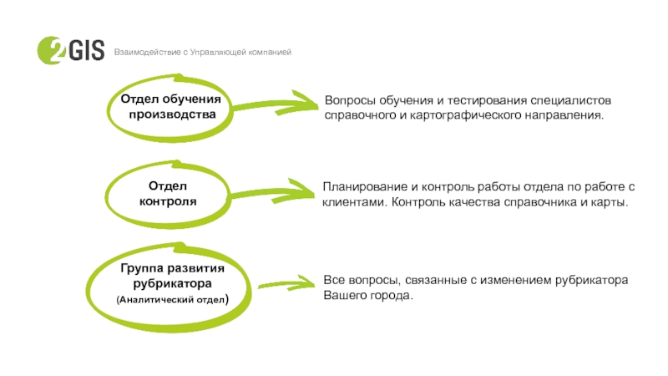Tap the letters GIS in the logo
[x=87, y=50]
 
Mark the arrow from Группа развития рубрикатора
[x=287, y=282]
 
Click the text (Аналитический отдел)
[x=173, y=299]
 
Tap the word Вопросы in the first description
[x=350, y=100]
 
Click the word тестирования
[x=486, y=100]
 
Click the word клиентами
[x=355, y=202]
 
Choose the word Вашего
[x=343, y=296]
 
